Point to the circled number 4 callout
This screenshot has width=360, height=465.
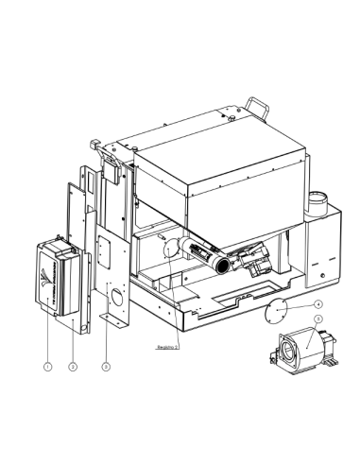pos(318,304)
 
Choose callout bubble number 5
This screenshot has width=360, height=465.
pos(318,319)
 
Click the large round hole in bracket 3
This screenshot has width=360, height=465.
pos(119,298)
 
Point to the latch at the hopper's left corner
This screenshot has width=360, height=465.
pos(94,146)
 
